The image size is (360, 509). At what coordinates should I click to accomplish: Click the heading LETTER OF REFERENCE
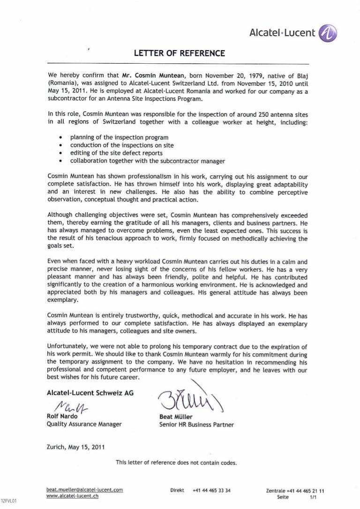180,53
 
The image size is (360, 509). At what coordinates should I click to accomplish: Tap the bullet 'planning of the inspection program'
119,137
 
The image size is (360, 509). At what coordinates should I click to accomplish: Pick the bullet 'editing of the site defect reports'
116,153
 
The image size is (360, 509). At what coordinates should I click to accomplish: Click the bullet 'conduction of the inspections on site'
122,145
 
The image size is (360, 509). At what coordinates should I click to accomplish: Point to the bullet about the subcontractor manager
147,161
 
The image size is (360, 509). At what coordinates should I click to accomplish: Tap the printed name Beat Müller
176,416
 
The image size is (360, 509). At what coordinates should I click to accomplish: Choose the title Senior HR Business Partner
196,424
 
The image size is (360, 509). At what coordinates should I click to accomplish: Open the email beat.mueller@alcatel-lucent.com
85,490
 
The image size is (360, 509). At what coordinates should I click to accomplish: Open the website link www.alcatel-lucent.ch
73,496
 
